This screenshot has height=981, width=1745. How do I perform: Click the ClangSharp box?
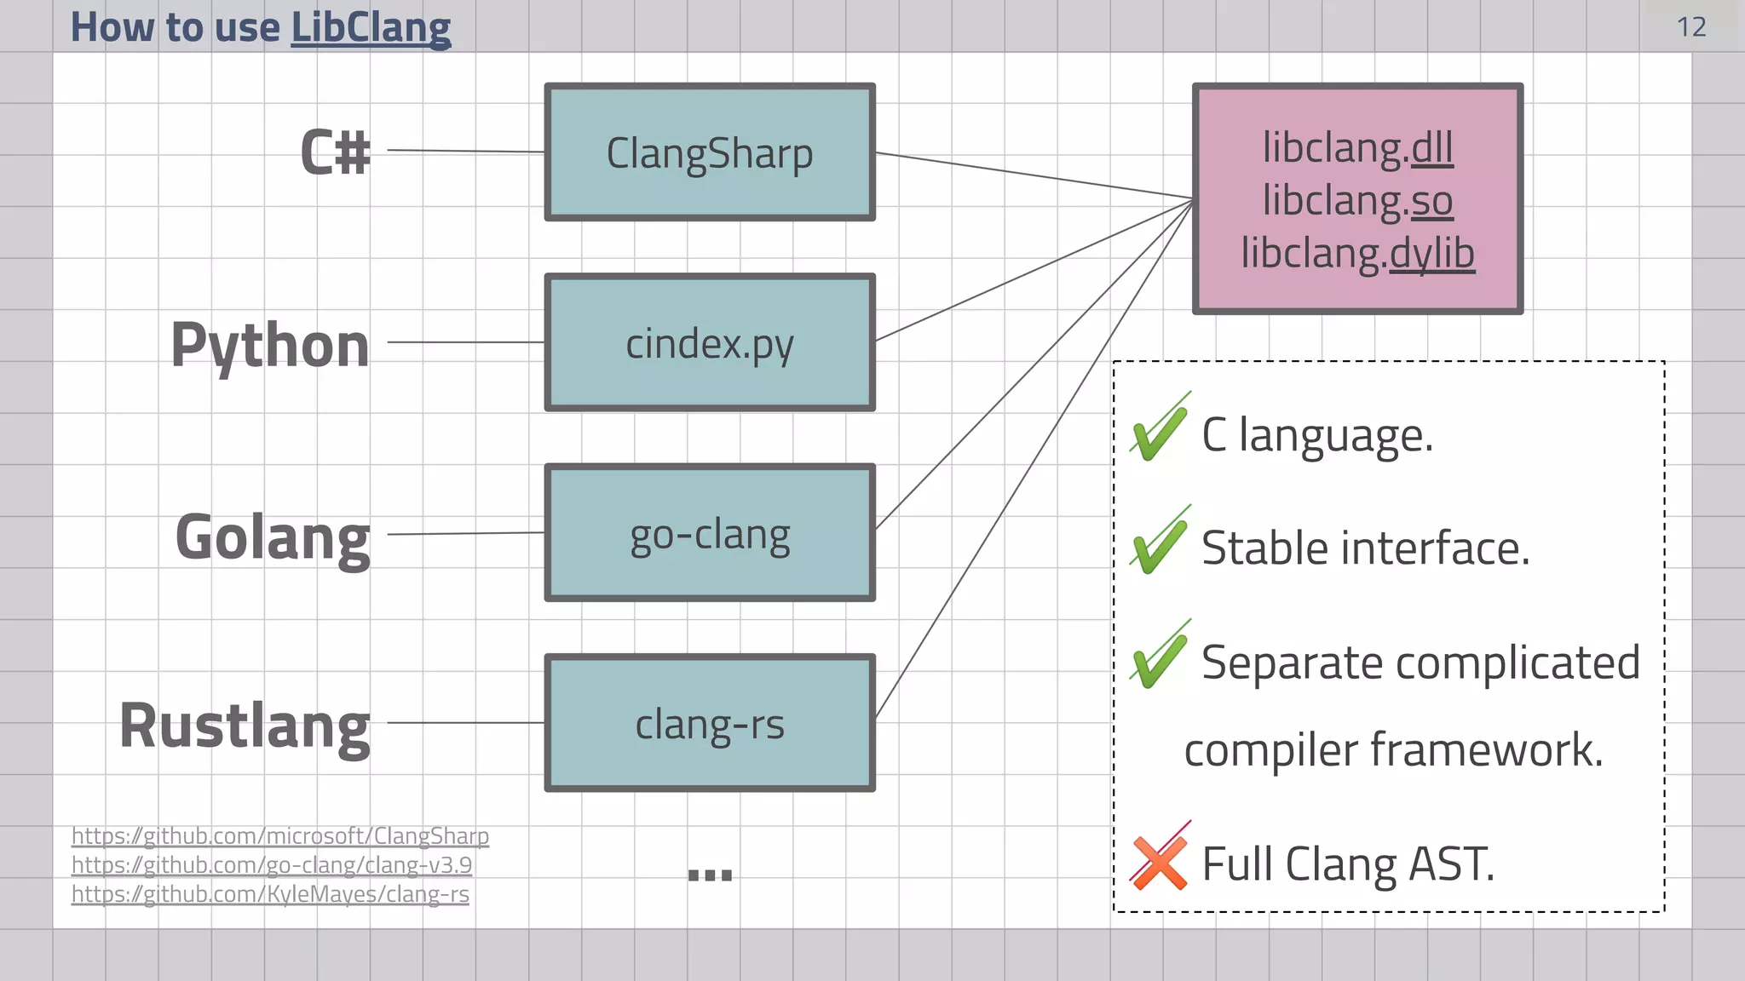[710, 153]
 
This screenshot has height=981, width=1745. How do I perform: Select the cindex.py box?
[710, 343]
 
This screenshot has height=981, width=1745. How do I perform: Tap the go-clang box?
[710, 534]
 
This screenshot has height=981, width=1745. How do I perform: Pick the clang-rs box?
[710, 724]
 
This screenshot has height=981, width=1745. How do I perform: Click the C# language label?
[336, 152]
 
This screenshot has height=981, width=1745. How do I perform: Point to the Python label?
[270, 345]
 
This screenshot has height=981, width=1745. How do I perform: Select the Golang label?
[273, 537]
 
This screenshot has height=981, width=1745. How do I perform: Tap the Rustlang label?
[245, 726]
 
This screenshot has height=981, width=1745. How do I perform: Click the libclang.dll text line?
[1357, 148]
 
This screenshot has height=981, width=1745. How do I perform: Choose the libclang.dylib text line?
[1357, 253]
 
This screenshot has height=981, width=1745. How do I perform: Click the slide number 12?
[1691, 27]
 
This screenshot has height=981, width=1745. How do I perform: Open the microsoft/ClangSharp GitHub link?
[280, 836]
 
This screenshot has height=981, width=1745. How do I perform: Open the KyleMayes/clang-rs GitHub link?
[270, 894]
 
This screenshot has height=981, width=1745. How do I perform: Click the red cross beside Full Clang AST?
[1159, 862]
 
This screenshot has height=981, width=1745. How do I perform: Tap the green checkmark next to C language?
[1159, 430]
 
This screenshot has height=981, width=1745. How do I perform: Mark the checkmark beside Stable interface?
[1159, 543]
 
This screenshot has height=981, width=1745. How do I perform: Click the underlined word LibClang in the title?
[371, 27]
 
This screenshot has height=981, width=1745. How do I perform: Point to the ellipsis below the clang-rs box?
[710, 875]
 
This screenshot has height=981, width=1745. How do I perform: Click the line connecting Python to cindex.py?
[465, 342]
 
